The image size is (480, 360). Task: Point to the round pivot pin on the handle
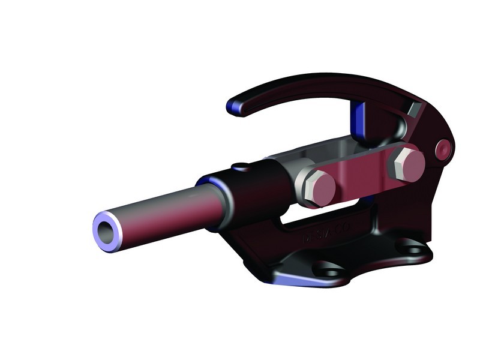click(443, 148)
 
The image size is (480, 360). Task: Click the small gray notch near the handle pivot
click(412, 110)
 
